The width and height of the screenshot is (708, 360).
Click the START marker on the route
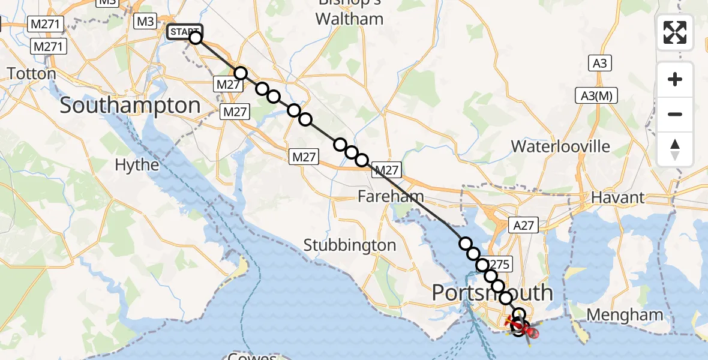(x=185, y=32)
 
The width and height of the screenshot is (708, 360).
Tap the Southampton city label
(x=130, y=106)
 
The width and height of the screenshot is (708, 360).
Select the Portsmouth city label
(x=493, y=293)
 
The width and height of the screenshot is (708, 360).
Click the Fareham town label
(x=391, y=196)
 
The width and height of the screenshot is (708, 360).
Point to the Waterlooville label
(x=560, y=146)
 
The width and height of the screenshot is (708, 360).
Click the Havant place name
(x=617, y=197)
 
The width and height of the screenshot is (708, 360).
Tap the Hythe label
(x=137, y=165)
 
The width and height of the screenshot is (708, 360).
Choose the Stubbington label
(x=350, y=245)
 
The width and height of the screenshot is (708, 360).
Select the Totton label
(x=31, y=74)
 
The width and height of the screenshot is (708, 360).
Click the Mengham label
(x=625, y=314)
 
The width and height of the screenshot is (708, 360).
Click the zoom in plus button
(x=675, y=79)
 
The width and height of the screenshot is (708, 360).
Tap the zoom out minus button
(x=675, y=114)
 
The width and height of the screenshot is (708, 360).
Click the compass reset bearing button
(x=675, y=149)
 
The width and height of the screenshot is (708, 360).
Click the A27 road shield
(x=523, y=225)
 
